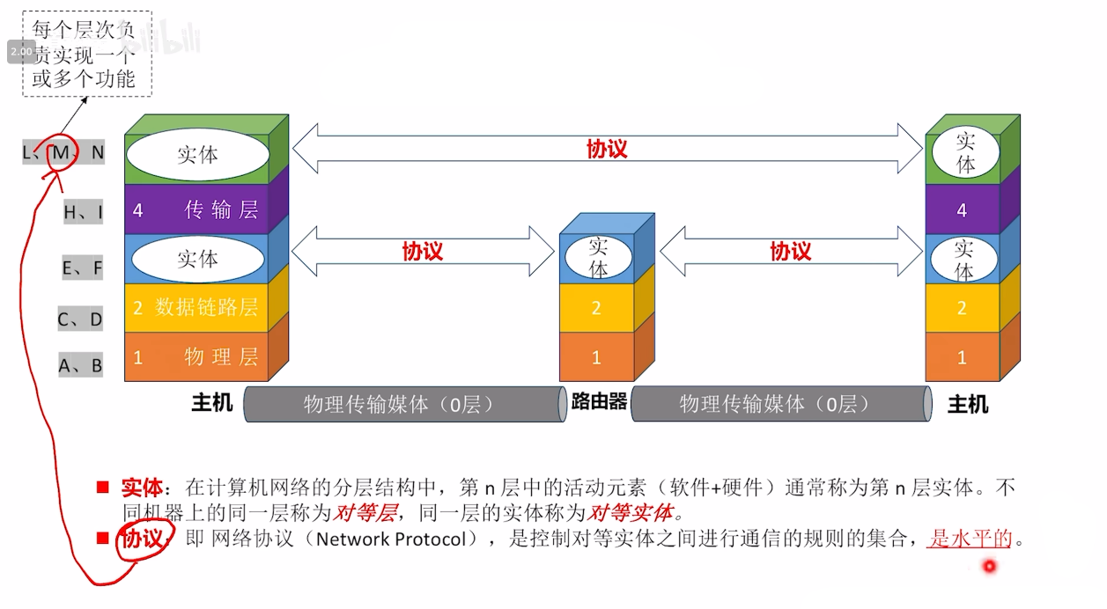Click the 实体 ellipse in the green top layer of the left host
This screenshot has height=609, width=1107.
pyautogui.click(x=197, y=155)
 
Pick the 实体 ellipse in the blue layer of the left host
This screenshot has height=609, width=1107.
pyautogui.click(x=197, y=259)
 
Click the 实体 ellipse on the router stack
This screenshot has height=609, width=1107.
pyautogui.click(x=598, y=257)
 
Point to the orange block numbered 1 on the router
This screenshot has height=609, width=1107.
pyautogui.click(x=596, y=357)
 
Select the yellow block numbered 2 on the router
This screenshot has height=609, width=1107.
pyautogui.click(x=596, y=308)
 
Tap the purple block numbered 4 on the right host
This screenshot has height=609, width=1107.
pyautogui.click(x=961, y=210)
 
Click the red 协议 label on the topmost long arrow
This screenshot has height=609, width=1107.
pyautogui.click(x=607, y=149)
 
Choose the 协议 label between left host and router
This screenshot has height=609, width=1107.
pyautogui.click(x=422, y=252)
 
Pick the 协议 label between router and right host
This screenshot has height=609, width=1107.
pyautogui.click(x=790, y=252)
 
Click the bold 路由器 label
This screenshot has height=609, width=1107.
pyautogui.click(x=599, y=402)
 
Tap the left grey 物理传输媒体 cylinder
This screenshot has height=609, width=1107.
pyautogui.click(x=403, y=404)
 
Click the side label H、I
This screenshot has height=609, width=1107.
pyautogui.click(x=83, y=211)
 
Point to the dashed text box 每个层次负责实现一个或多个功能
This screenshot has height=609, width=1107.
pyautogui.click(x=85, y=54)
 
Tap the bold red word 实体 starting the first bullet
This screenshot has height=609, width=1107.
pyautogui.click(x=142, y=487)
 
